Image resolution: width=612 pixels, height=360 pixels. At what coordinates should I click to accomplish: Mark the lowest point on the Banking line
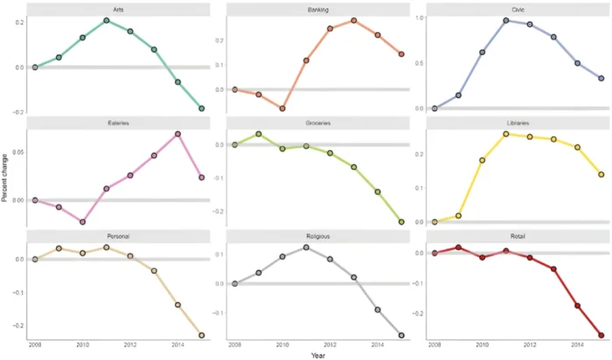(282, 108)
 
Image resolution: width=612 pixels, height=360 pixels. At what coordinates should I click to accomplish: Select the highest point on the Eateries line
(177, 134)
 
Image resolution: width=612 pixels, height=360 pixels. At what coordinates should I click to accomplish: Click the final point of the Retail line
(602, 335)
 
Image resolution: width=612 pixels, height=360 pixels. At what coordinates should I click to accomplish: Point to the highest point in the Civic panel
(506, 20)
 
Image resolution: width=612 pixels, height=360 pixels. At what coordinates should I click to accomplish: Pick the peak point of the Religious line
(306, 247)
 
